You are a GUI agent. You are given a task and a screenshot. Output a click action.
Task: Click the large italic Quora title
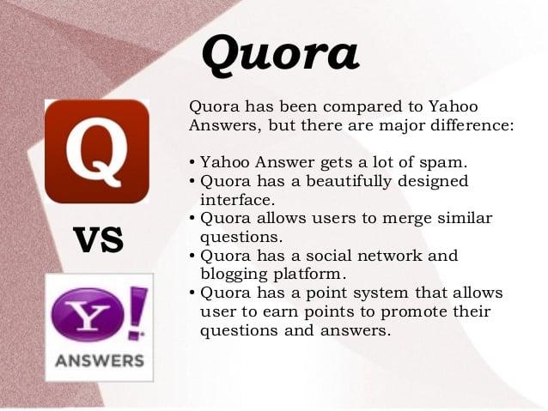pyautogui.click(x=279, y=53)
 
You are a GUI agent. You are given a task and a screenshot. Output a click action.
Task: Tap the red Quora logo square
pyautogui.click(x=96, y=150)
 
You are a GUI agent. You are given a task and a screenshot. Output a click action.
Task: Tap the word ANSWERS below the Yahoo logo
pyautogui.click(x=99, y=360)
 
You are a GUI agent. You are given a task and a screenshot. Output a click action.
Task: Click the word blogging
pyautogui.click(x=234, y=274)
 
